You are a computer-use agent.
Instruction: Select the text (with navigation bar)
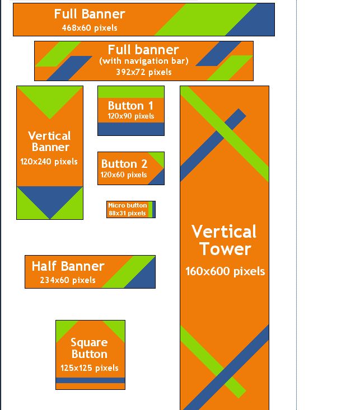coord(144,61)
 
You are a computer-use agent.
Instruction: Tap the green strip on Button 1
coord(131,92)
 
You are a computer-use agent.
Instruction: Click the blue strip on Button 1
coord(131,129)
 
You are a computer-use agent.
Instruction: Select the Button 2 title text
coord(124,164)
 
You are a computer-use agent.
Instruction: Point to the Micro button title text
coord(128,205)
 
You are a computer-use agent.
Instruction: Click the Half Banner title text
coord(68,266)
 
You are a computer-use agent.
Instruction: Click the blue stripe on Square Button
coord(90,380)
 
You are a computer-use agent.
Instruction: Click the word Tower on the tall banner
coord(225,249)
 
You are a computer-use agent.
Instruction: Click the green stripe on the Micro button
coord(150,209)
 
